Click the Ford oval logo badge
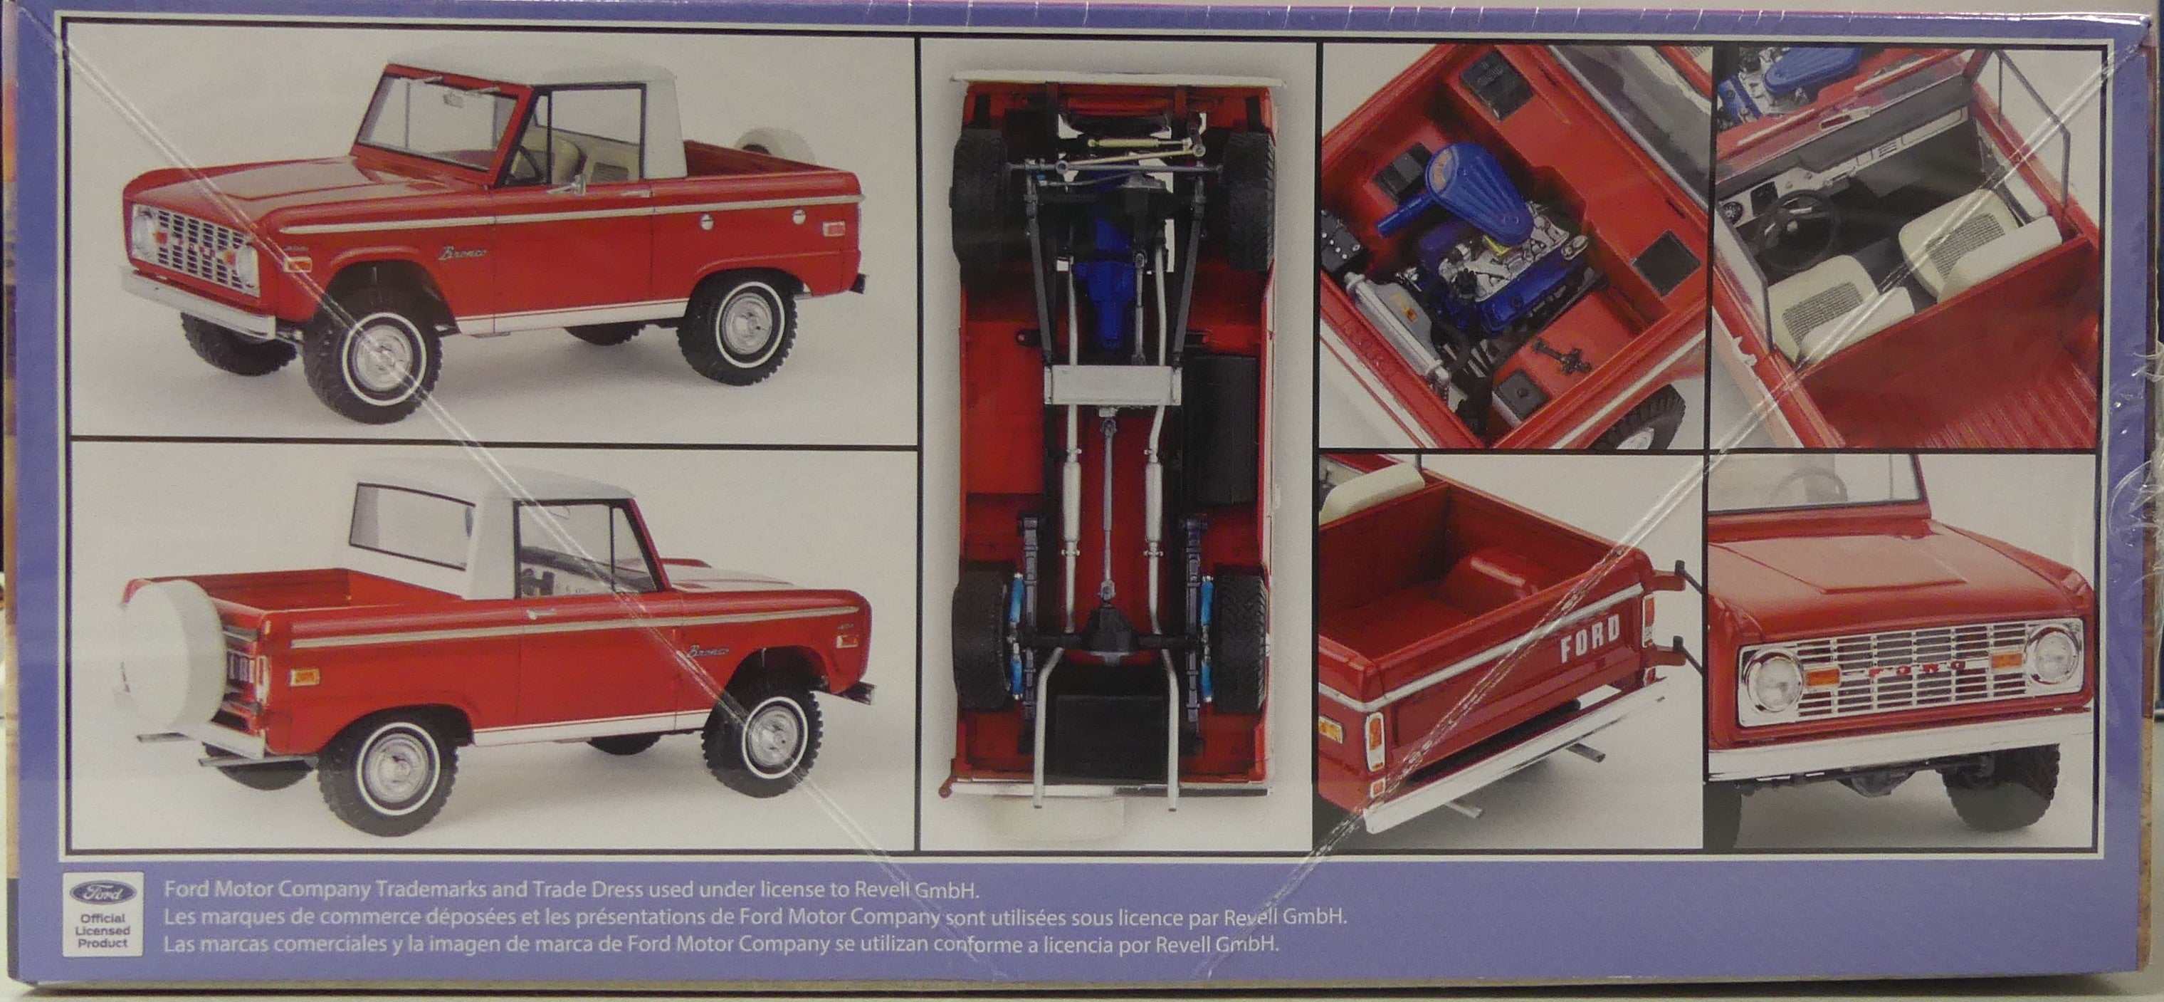(103, 894)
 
